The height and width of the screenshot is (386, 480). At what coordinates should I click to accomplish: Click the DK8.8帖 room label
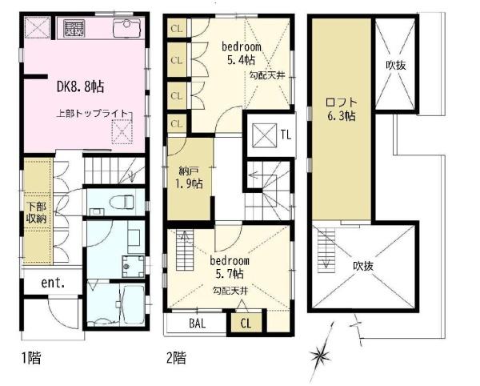(x=80, y=86)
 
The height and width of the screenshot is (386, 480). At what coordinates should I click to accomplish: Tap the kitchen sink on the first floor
(x=129, y=28)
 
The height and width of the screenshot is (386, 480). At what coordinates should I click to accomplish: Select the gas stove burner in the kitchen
(x=74, y=28)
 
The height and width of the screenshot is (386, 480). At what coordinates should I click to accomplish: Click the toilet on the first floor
(x=122, y=202)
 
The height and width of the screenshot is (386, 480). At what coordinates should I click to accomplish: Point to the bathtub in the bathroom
(x=133, y=304)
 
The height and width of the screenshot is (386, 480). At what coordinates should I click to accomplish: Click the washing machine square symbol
(x=133, y=266)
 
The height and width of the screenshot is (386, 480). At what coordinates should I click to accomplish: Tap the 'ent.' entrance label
(x=53, y=283)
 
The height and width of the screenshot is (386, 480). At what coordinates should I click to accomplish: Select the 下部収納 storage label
(x=36, y=212)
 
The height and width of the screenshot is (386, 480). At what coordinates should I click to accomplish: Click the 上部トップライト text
(x=92, y=114)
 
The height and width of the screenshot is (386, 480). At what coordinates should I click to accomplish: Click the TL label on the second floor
(x=286, y=135)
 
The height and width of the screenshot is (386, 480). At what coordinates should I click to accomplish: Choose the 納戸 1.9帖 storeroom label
(x=189, y=178)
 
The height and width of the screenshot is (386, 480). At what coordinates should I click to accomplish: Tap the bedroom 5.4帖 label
(x=242, y=53)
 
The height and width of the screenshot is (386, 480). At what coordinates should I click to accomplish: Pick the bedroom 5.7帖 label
(x=230, y=267)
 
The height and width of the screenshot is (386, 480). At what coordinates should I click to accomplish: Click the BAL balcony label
(x=197, y=324)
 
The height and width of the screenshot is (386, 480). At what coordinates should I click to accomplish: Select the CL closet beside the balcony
(x=246, y=324)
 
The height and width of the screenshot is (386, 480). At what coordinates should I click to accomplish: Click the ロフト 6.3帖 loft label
(x=342, y=109)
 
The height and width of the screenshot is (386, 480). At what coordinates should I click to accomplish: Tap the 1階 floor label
(x=31, y=358)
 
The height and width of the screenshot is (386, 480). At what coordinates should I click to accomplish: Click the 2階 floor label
(x=176, y=357)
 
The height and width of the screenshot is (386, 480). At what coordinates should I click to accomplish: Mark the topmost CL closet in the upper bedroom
(x=177, y=29)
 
